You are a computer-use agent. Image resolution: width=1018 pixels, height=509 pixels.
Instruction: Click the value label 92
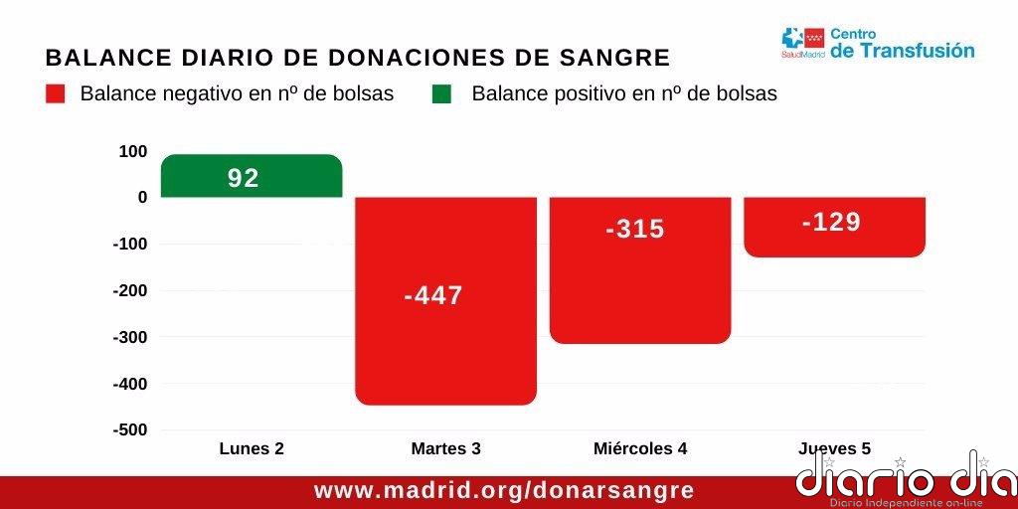tap(244, 178)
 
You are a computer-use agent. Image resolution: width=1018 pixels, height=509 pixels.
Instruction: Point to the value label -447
tap(433, 295)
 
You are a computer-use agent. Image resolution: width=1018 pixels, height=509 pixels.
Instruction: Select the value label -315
tap(635, 229)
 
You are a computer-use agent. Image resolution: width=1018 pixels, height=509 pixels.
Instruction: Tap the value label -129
tap(831, 222)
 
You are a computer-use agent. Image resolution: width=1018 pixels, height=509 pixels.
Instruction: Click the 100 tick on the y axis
tap(132, 151)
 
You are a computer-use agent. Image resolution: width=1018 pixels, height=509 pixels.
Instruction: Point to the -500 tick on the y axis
tap(130, 429)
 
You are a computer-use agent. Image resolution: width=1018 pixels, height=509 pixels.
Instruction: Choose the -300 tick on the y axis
tap(130, 337)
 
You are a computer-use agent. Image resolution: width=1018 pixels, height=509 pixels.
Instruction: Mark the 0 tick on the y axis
tap(142, 197)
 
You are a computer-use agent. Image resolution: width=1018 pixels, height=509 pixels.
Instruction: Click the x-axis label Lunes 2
tap(252, 448)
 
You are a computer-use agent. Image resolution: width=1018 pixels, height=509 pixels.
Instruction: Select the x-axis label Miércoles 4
tap(640, 448)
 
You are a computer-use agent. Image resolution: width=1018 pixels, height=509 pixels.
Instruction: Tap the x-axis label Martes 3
tap(446, 448)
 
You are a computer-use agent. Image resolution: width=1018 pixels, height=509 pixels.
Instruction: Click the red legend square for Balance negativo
tap(56, 94)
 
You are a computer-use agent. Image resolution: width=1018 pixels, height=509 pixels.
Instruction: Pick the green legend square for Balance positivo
tap(441, 94)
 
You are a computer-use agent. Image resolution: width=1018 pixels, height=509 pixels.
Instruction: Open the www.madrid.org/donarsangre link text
tap(504, 491)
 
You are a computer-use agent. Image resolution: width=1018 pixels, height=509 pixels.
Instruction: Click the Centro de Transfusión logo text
tap(902, 44)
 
